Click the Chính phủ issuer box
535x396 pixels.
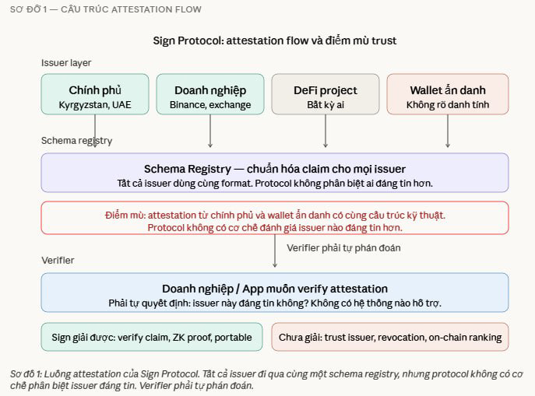pyautogui.click(x=95, y=94)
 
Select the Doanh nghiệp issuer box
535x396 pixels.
pyautogui.click(x=210, y=94)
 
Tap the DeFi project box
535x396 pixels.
pyautogui.click(x=325, y=94)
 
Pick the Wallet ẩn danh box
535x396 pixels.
pyautogui.click(x=448, y=94)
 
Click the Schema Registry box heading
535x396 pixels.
pyautogui.click(x=275, y=168)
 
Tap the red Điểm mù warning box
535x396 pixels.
pyautogui.click(x=275, y=218)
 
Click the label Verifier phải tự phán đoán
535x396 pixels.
pyautogui.click(x=343, y=247)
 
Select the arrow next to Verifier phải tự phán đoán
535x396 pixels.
pyautogui.click(x=275, y=251)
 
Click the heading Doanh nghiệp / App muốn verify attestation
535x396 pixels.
pyautogui.click(x=275, y=288)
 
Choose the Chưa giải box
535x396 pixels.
pyautogui.click(x=389, y=337)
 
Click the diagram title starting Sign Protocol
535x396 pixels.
pyautogui.click(x=275, y=40)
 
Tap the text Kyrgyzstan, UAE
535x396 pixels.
pyautogui.click(x=95, y=104)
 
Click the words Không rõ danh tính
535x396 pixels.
pyautogui.click(x=448, y=104)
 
